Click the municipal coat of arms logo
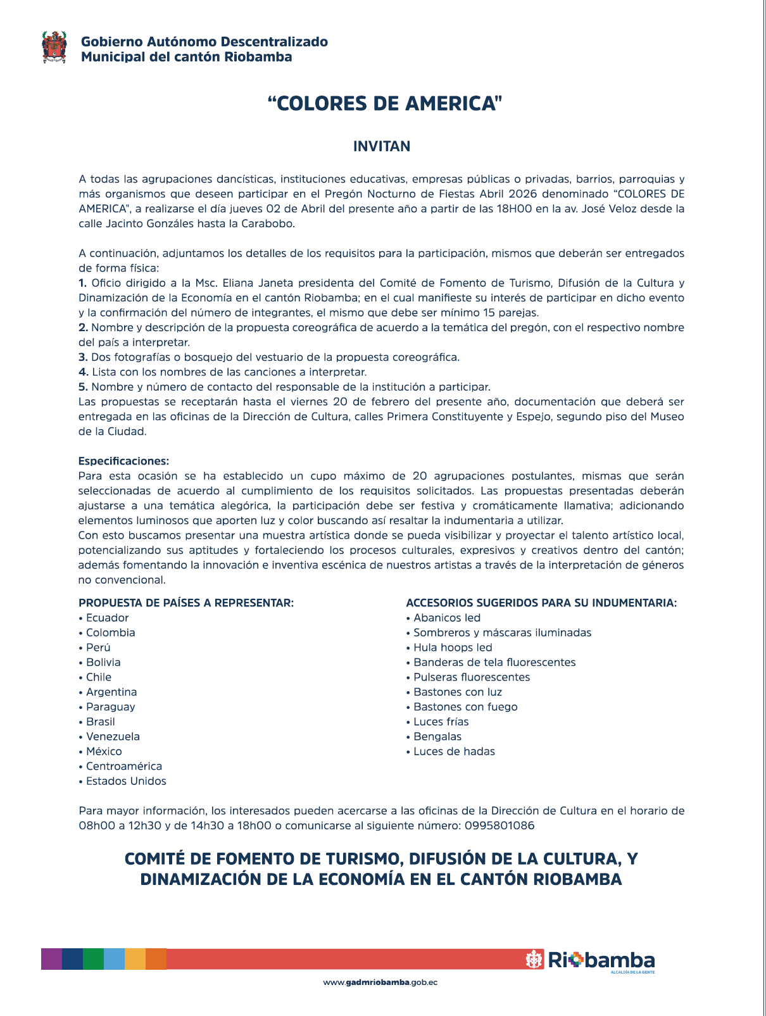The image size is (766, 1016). click(x=54, y=47)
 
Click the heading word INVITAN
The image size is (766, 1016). click(x=382, y=146)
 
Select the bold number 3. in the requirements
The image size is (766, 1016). click(x=83, y=357)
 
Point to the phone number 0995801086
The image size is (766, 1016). click(x=499, y=825)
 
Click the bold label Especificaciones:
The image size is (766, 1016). click(x=123, y=461)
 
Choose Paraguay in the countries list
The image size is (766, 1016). click(x=110, y=706)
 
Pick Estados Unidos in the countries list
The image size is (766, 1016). click(x=126, y=781)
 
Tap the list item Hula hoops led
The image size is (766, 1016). click(x=453, y=648)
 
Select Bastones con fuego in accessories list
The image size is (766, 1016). click(x=465, y=706)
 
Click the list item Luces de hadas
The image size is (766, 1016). click(x=454, y=751)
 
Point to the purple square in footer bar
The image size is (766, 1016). click(x=51, y=958)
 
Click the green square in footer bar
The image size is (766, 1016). click(x=93, y=958)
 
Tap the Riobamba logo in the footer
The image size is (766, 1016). click(x=590, y=960)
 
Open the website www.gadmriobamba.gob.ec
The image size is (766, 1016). click(x=380, y=982)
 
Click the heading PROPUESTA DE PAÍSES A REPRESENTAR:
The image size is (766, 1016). click(x=186, y=603)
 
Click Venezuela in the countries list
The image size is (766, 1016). click(x=113, y=736)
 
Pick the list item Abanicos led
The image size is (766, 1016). click(x=446, y=618)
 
